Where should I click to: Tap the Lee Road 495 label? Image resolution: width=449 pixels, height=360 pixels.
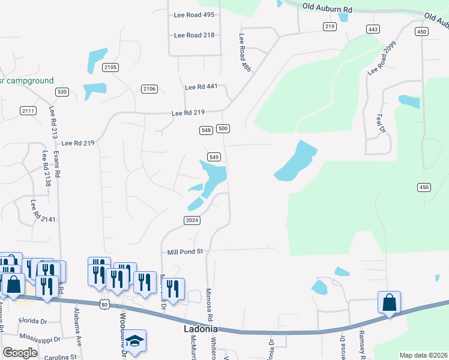[x=194, y=14]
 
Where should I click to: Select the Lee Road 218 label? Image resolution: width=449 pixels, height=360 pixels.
[x=194, y=35]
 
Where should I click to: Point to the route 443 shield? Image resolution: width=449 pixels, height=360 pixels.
[x=373, y=29]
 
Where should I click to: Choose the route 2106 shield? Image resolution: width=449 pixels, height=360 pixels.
[x=149, y=89]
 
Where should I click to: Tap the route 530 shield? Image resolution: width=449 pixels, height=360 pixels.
[x=62, y=92]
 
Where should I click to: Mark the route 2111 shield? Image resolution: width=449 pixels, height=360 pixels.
[x=28, y=110]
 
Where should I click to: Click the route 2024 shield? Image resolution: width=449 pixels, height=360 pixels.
[x=191, y=220]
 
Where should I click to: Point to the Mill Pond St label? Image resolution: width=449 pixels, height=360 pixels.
[x=185, y=252]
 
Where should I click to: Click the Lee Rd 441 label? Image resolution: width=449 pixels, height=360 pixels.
[x=201, y=87]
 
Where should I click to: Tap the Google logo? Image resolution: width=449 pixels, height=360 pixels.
[x=20, y=353]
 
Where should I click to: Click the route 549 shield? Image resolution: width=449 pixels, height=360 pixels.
[x=214, y=157]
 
